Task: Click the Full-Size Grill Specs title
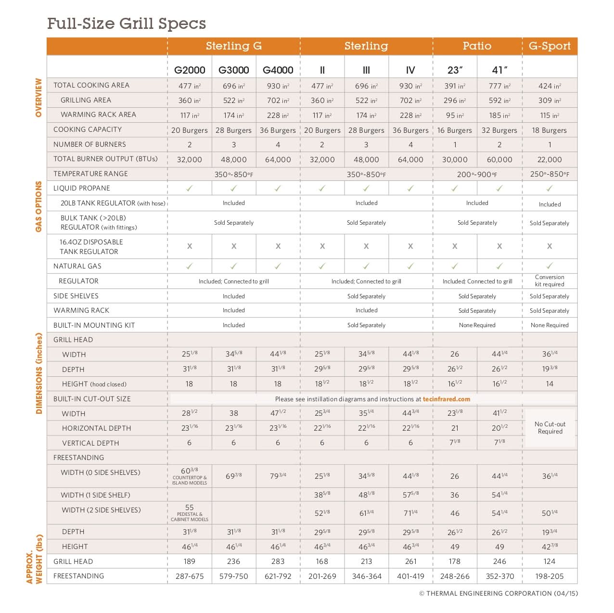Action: tap(127, 24)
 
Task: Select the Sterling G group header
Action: tap(233, 46)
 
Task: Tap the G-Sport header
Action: tap(550, 46)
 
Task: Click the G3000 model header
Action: tap(233, 70)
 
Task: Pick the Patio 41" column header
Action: tap(499, 70)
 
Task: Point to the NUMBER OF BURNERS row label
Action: tap(90, 144)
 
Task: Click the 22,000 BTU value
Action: tap(550, 160)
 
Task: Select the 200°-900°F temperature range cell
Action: tap(477, 174)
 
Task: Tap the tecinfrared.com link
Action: tap(446, 399)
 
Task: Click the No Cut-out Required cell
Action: tap(550, 428)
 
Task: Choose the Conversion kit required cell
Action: tap(550, 281)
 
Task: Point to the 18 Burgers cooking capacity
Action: tap(550, 130)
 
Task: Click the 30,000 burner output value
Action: tap(455, 160)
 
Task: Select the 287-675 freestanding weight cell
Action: tap(190, 576)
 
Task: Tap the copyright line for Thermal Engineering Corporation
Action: tap(498, 593)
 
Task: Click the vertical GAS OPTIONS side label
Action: tap(38, 206)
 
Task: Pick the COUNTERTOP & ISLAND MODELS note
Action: tap(190, 480)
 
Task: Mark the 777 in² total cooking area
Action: tap(499, 86)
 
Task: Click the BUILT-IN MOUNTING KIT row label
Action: tap(94, 325)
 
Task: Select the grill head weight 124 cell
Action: tap(550, 562)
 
